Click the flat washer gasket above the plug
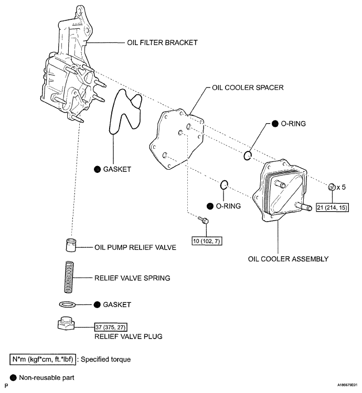point(69,304)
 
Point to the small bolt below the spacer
point(204,222)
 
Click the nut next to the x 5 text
point(331,187)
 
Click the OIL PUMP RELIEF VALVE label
point(135,247)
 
